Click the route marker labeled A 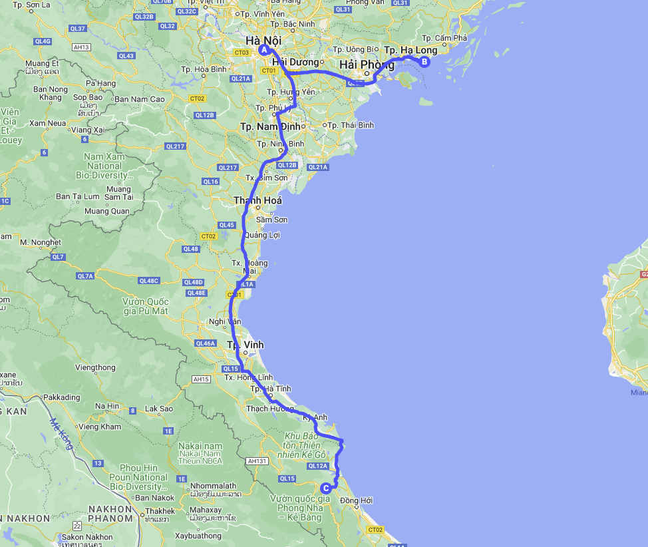[x=264, y=50]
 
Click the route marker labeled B [x=424, y=63]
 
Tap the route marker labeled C [x=325, y=488]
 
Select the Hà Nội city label [x=263, y=40]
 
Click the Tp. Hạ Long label [x=410, y=50]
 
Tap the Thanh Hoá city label [x=257, y=200]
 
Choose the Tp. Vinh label [x=245, y=345]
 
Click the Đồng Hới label [x=356, y=500]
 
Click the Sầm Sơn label [x=271, y=219]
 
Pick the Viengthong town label [x=95, y=367]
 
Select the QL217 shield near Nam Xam [x=175, y=146]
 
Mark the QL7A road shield [x=85, y=275]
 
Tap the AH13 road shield [x=82, y=47]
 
